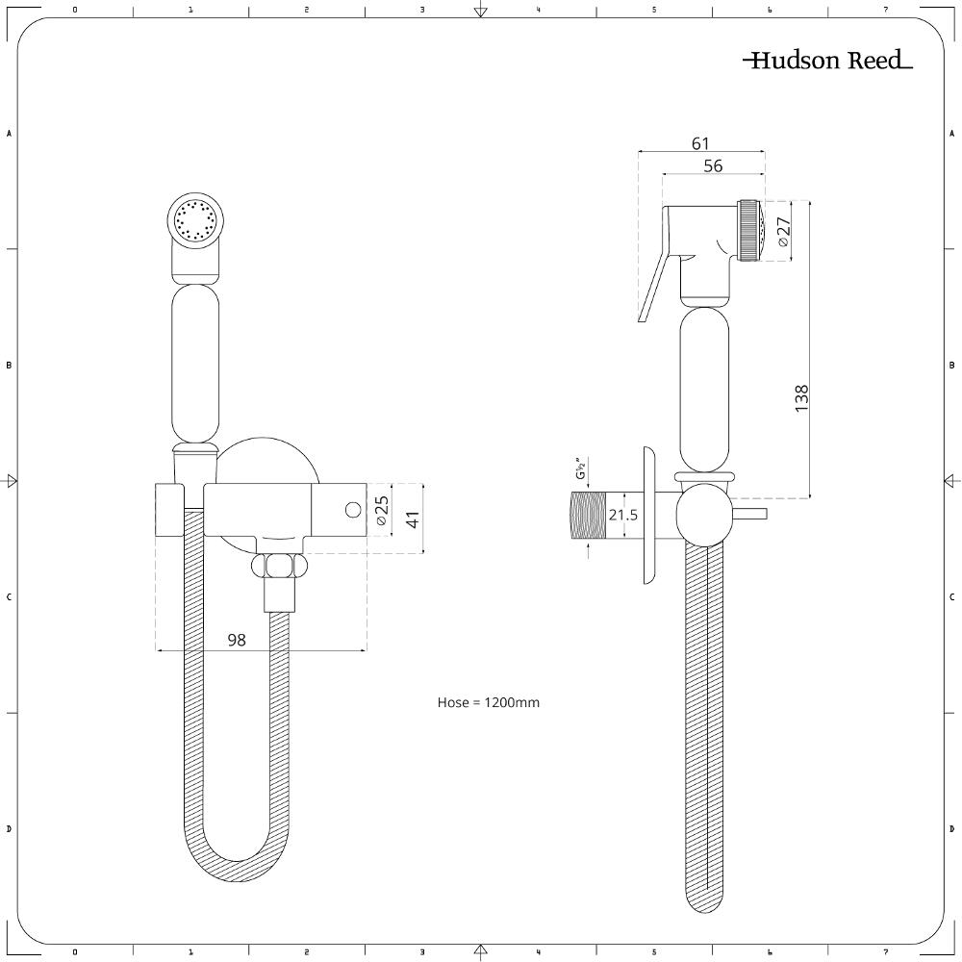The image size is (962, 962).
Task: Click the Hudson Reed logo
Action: click(827, 60)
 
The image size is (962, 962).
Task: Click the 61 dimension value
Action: click(700, 143)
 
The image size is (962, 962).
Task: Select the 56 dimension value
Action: click(713, 165)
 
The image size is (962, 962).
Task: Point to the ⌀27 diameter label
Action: click(783, 231)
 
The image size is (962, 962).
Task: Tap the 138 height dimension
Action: click(801, 398)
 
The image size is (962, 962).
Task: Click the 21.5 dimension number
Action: click(622, 515)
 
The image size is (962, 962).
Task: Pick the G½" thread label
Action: click(581, 468)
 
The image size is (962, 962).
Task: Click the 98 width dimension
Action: click(237, 640)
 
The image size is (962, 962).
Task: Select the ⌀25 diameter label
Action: click(381, 511)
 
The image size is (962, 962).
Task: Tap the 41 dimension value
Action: click(414, 519)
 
